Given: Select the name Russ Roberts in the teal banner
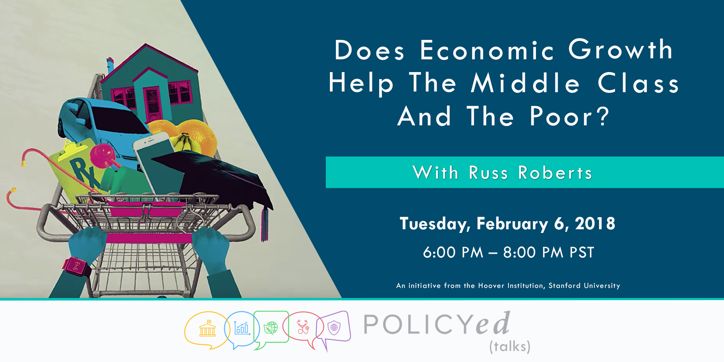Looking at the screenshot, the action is tap(530, 173).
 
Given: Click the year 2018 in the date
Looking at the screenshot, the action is tap(595, 223).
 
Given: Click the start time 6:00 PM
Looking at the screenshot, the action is tap(453, 252).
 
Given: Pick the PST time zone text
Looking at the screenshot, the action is tap(582, 252).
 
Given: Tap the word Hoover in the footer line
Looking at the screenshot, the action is tap(491, 286).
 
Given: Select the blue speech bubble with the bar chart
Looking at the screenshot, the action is tap(242, 329).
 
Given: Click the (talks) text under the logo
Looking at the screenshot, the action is tap(510, 347).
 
